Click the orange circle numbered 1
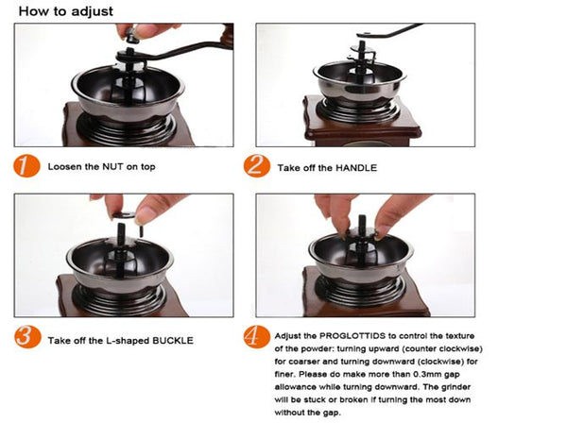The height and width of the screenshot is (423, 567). tap(26, 166)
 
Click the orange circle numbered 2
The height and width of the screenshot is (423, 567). tap(257, 166)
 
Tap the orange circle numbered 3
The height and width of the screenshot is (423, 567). tap(27, 337)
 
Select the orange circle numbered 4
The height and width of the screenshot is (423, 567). tap(257, 337)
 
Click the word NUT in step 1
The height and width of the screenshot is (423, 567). tap(112, 167)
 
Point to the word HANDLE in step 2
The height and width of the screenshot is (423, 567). tap(356, 168)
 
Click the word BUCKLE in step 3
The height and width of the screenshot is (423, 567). tap(173, 341)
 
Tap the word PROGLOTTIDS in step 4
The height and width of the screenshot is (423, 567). tap(352, 336)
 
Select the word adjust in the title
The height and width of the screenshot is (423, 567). tap(93, 11)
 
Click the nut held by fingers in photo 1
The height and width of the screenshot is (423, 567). tap(130, 34)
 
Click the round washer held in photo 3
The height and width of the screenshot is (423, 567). tap(124, 215)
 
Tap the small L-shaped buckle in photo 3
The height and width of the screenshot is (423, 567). tap(141, 231)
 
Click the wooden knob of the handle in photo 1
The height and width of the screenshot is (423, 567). tap(228, 35)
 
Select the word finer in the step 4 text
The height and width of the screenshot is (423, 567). tap(283, 375)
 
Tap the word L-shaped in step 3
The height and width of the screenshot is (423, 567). tap(128, 341)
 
